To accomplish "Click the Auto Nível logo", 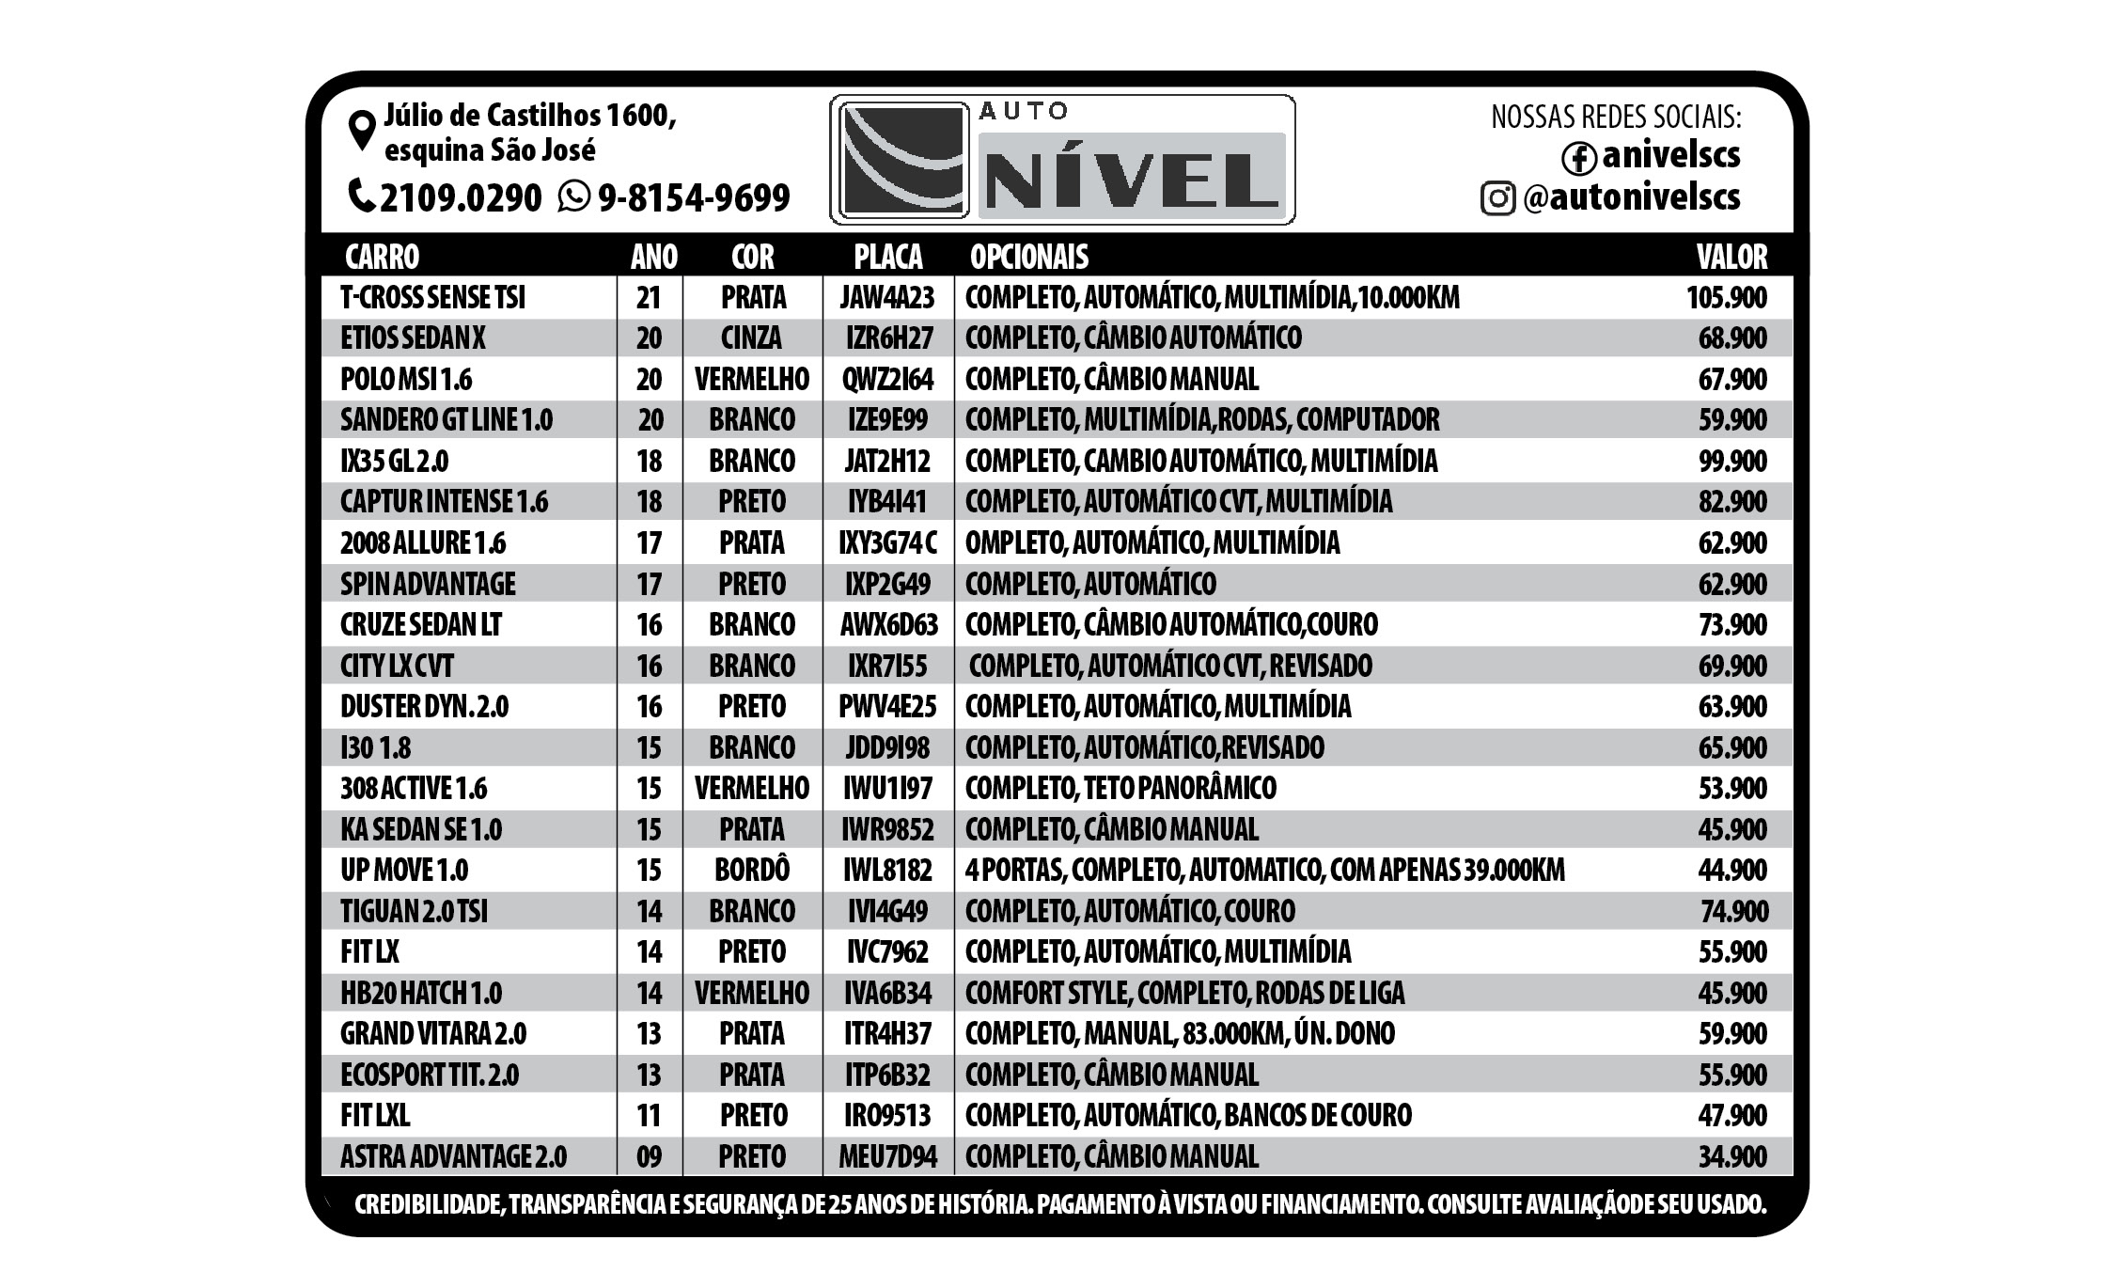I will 1061,160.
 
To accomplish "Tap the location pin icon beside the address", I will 362,131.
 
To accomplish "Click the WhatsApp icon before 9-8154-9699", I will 573,196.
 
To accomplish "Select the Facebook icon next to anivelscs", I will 1578,158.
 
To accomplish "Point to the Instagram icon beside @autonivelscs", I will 1497,198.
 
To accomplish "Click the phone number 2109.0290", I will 461,197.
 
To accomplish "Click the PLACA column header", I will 887,257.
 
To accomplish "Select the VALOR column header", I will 1731,257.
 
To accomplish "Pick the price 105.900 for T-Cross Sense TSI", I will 1726,298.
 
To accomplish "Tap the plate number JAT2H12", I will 887,462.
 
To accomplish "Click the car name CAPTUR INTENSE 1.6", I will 444,502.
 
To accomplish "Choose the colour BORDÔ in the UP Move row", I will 751,871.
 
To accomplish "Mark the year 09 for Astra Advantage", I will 649,1156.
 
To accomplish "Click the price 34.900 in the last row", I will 1731,1156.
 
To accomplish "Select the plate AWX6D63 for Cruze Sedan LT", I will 888,625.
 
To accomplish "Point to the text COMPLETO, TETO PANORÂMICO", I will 1120,789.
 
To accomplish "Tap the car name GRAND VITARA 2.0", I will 433,1034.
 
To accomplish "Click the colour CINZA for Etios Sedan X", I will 751,338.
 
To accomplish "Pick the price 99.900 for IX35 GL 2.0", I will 1731,462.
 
